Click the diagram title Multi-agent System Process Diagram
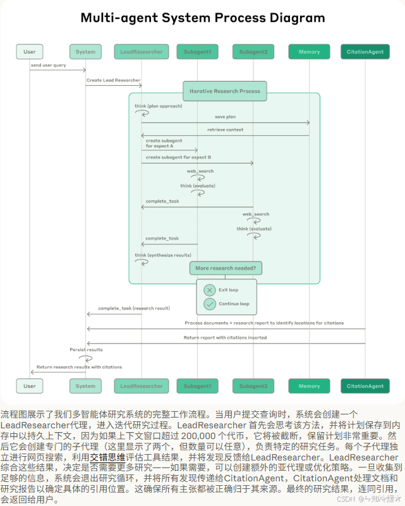coord(202,18)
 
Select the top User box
coord(30,51)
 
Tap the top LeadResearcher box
coord(142,51)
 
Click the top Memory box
coord(309,51)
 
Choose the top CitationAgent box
coord(365,51)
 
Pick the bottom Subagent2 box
coord(253,386)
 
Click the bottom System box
coord(85,386)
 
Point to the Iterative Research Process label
coord(224,91)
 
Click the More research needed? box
coord(226,268)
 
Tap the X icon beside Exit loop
coord(210,289)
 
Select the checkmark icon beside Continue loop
coord(210,304)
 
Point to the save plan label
coord(225,117)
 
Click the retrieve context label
coord(224,130)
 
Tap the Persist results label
coord(86,349)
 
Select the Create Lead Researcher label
coord(113,80)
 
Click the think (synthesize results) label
coord(162,255)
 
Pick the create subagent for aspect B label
coord(178,157)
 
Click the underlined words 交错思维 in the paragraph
coord(107,456)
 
